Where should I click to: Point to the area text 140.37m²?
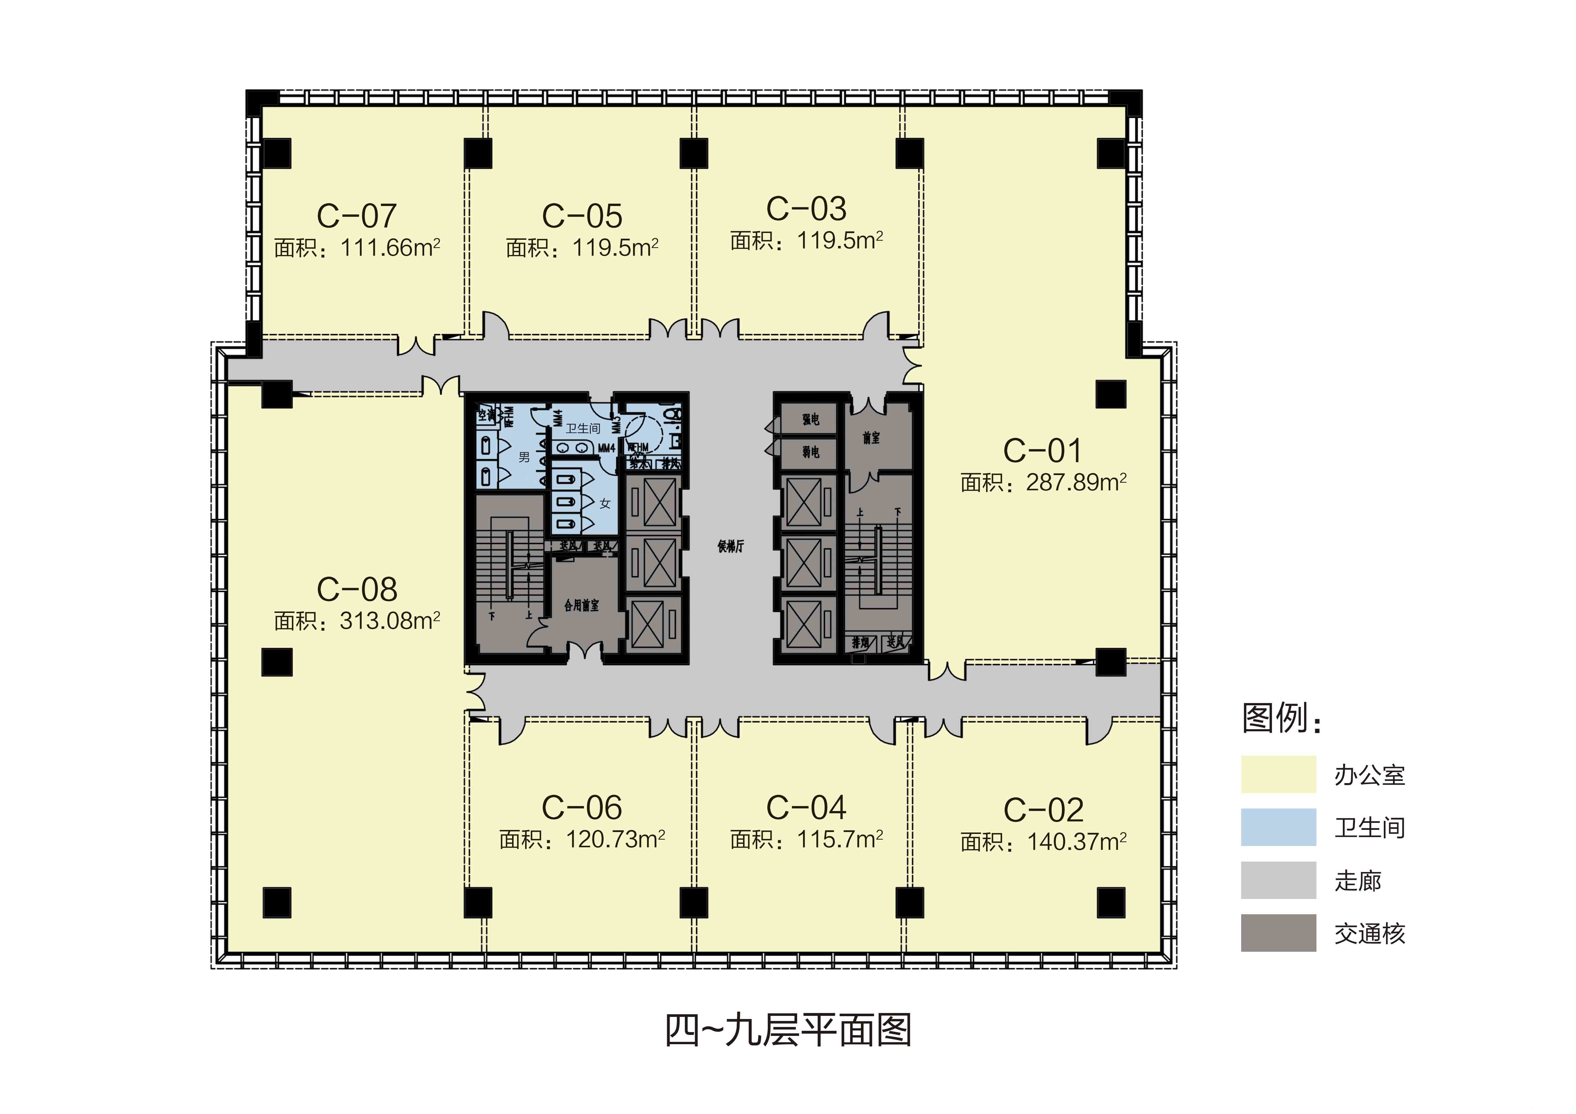pos(1076,842)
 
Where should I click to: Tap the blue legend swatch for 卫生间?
pos(1278,827)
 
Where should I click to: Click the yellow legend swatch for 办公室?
pos(1278,775)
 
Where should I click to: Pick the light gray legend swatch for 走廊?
pos(1278,880)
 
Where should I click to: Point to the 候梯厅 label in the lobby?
pos(730,547)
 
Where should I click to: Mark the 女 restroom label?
pos(605,504)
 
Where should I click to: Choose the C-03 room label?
pos(807,209)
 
